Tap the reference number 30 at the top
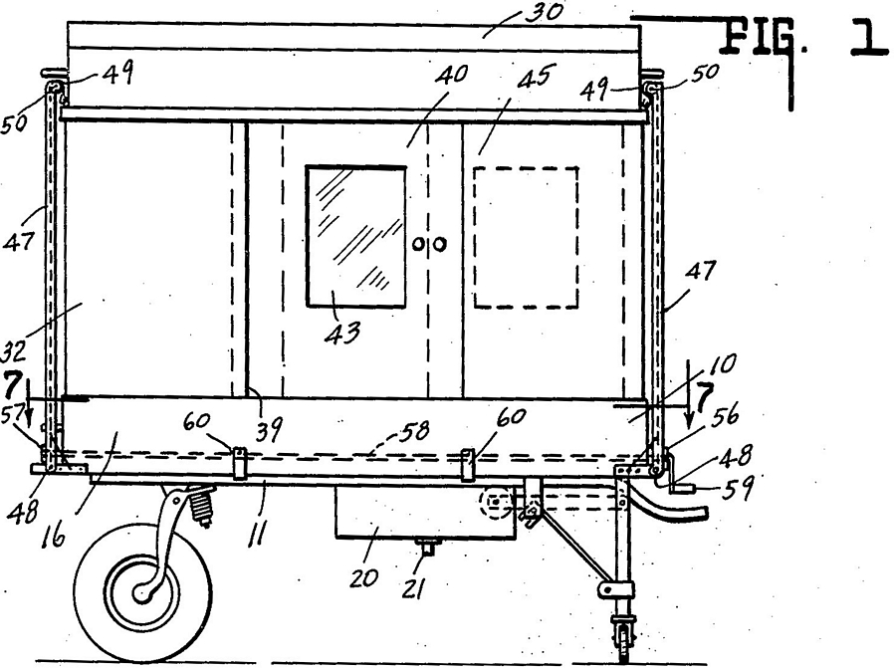544,11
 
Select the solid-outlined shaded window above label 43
356,237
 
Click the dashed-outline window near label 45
526,237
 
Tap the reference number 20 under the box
364,578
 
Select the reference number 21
412,589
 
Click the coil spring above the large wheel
200,506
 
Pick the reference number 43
342,332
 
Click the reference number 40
451,76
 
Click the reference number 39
268,428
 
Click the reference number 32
13,350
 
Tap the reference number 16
53,537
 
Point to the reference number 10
723,364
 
